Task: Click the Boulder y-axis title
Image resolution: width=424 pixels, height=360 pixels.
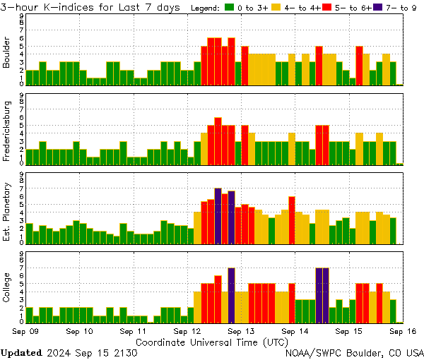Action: [7, 54]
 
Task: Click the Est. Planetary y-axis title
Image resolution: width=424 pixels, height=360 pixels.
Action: [7, 211]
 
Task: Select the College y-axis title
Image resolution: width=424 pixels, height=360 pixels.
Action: [7, 290]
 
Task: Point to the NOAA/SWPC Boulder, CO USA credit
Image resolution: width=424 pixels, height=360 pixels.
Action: [355, 352]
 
